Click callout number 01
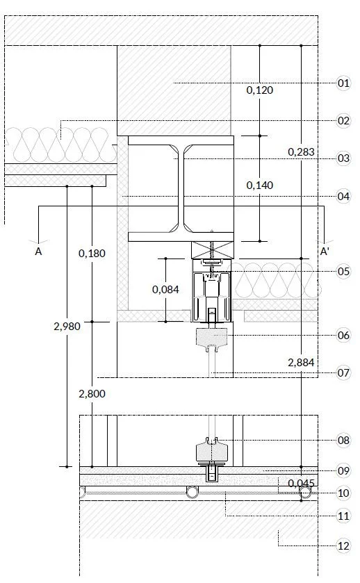[x=343, y=83]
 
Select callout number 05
[x=343, y=272]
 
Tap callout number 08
[x=343, y=441]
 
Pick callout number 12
[x=343, y=545]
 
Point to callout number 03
[x=343, y=158]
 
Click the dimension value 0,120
[x=260, y=90]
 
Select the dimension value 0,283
[x=301, y=151]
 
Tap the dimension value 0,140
[x=260, y=185]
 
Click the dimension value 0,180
[x=92, y=253]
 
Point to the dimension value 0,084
[x=165, y=289]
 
